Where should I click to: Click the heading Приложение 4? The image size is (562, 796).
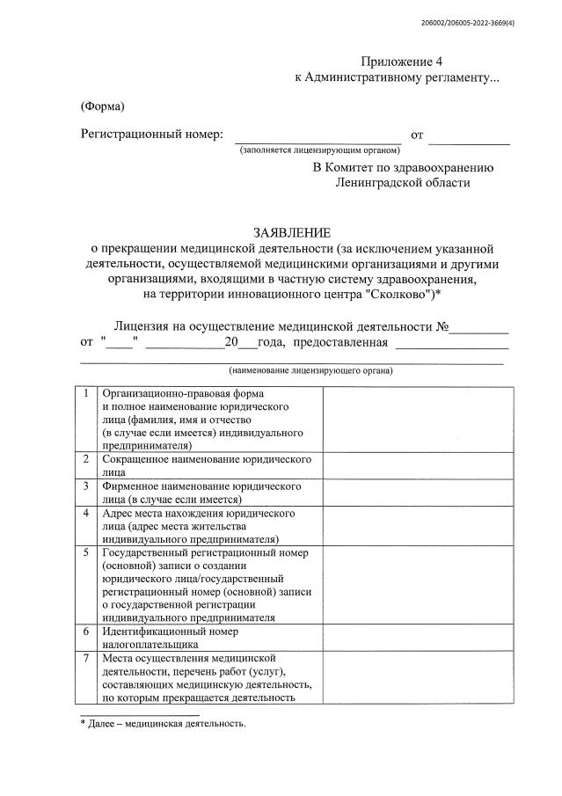396,62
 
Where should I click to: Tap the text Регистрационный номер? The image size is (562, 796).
152,135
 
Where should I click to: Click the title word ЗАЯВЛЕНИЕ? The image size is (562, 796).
293,233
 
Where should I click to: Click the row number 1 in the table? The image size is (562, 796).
86,393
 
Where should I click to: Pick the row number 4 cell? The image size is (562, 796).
86,513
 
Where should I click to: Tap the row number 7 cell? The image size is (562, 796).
86,658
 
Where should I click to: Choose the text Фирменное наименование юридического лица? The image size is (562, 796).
202,492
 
